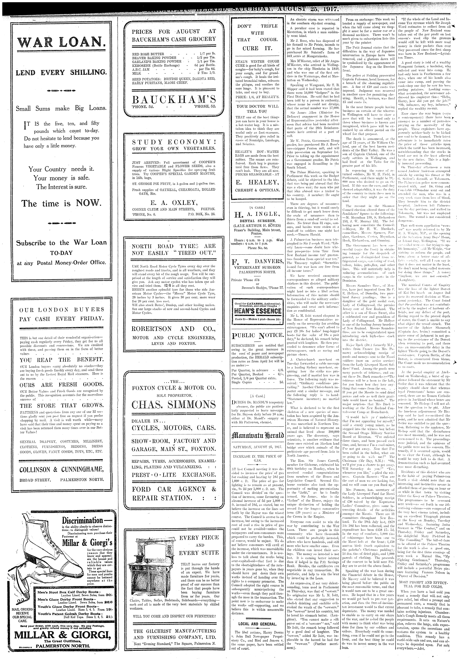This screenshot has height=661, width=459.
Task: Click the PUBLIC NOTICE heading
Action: [257, 335]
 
